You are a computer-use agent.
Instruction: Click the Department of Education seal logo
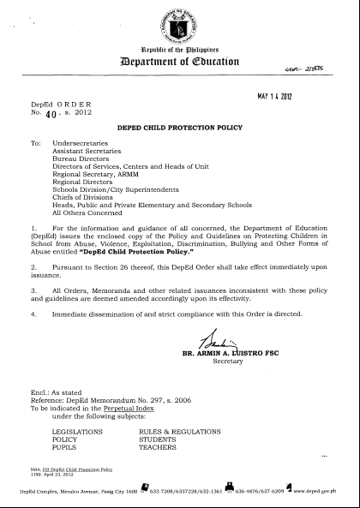tap(179, 25)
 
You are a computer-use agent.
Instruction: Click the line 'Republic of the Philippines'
tap(179, 52)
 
